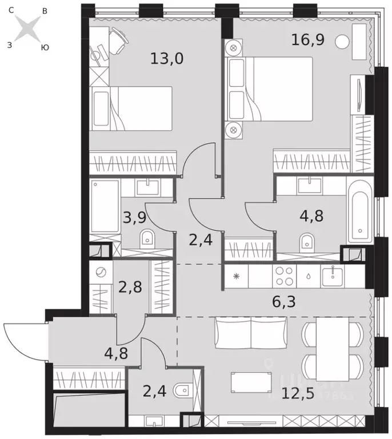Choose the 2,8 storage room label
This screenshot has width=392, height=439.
131,285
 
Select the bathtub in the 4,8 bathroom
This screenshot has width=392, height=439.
360,210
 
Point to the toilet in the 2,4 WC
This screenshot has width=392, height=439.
182,390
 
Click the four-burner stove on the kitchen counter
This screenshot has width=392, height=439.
284,277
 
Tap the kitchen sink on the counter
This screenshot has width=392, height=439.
331,277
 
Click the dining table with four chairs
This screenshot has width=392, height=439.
332,352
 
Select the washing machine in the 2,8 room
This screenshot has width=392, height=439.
101,273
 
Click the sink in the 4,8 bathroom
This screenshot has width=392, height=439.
310,184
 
